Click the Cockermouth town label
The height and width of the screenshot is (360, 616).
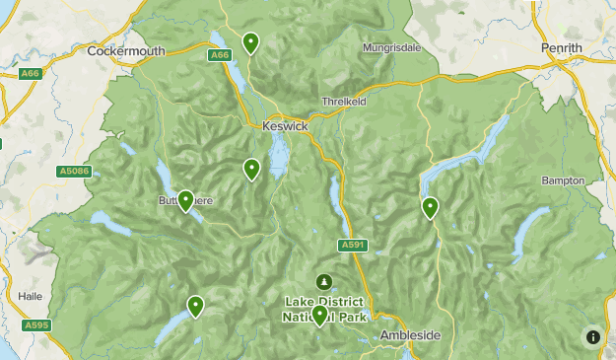coord(124,50)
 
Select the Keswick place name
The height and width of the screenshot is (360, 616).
coord(286,126)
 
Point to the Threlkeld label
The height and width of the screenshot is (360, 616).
coord(344,102)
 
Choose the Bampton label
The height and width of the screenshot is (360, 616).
coord(563,180)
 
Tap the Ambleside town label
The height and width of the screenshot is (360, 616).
coord(410,335)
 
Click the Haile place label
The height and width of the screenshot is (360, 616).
coord(32,295)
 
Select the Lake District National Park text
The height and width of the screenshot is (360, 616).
coord(323,309)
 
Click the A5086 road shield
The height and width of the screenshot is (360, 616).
coord(74,172)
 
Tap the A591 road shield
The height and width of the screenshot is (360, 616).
coord(353,245)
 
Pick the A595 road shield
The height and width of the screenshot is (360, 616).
coord(36,324)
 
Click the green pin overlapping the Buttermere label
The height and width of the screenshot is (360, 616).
coord(185,200)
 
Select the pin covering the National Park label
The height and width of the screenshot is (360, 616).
coord(319,315)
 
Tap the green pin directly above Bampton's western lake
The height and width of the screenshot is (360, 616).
coord(430,207)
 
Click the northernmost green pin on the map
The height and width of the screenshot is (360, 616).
coord(251,42)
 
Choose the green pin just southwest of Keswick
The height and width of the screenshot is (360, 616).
coord(252,170)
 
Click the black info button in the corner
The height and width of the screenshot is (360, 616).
coord(592,336)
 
